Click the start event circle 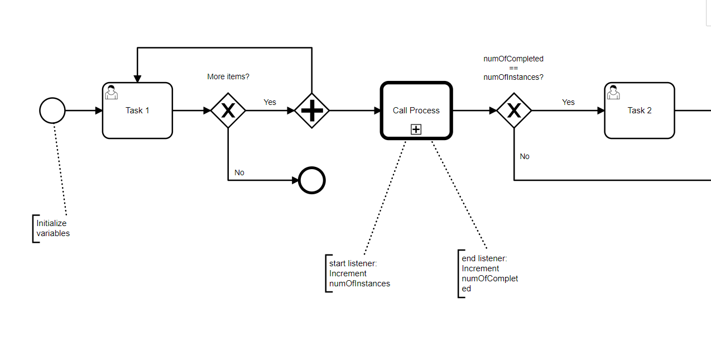(52, 111)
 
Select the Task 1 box (137, 111)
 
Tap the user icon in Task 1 (111, 92)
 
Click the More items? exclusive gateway (228, 111)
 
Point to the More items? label (228, 76)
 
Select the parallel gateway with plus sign (312, 111)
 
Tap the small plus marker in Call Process (416, 129)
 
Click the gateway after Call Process (514, 111)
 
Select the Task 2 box (640, 111)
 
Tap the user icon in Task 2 (613, 92)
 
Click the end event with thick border (312, 180)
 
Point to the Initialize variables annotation (53, 228)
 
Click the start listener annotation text (359, 273)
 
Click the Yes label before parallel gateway (270, 102)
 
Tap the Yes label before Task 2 (568, 102)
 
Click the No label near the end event (239, 172)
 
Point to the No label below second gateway (525, 156)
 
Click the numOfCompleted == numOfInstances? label (513, 68)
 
